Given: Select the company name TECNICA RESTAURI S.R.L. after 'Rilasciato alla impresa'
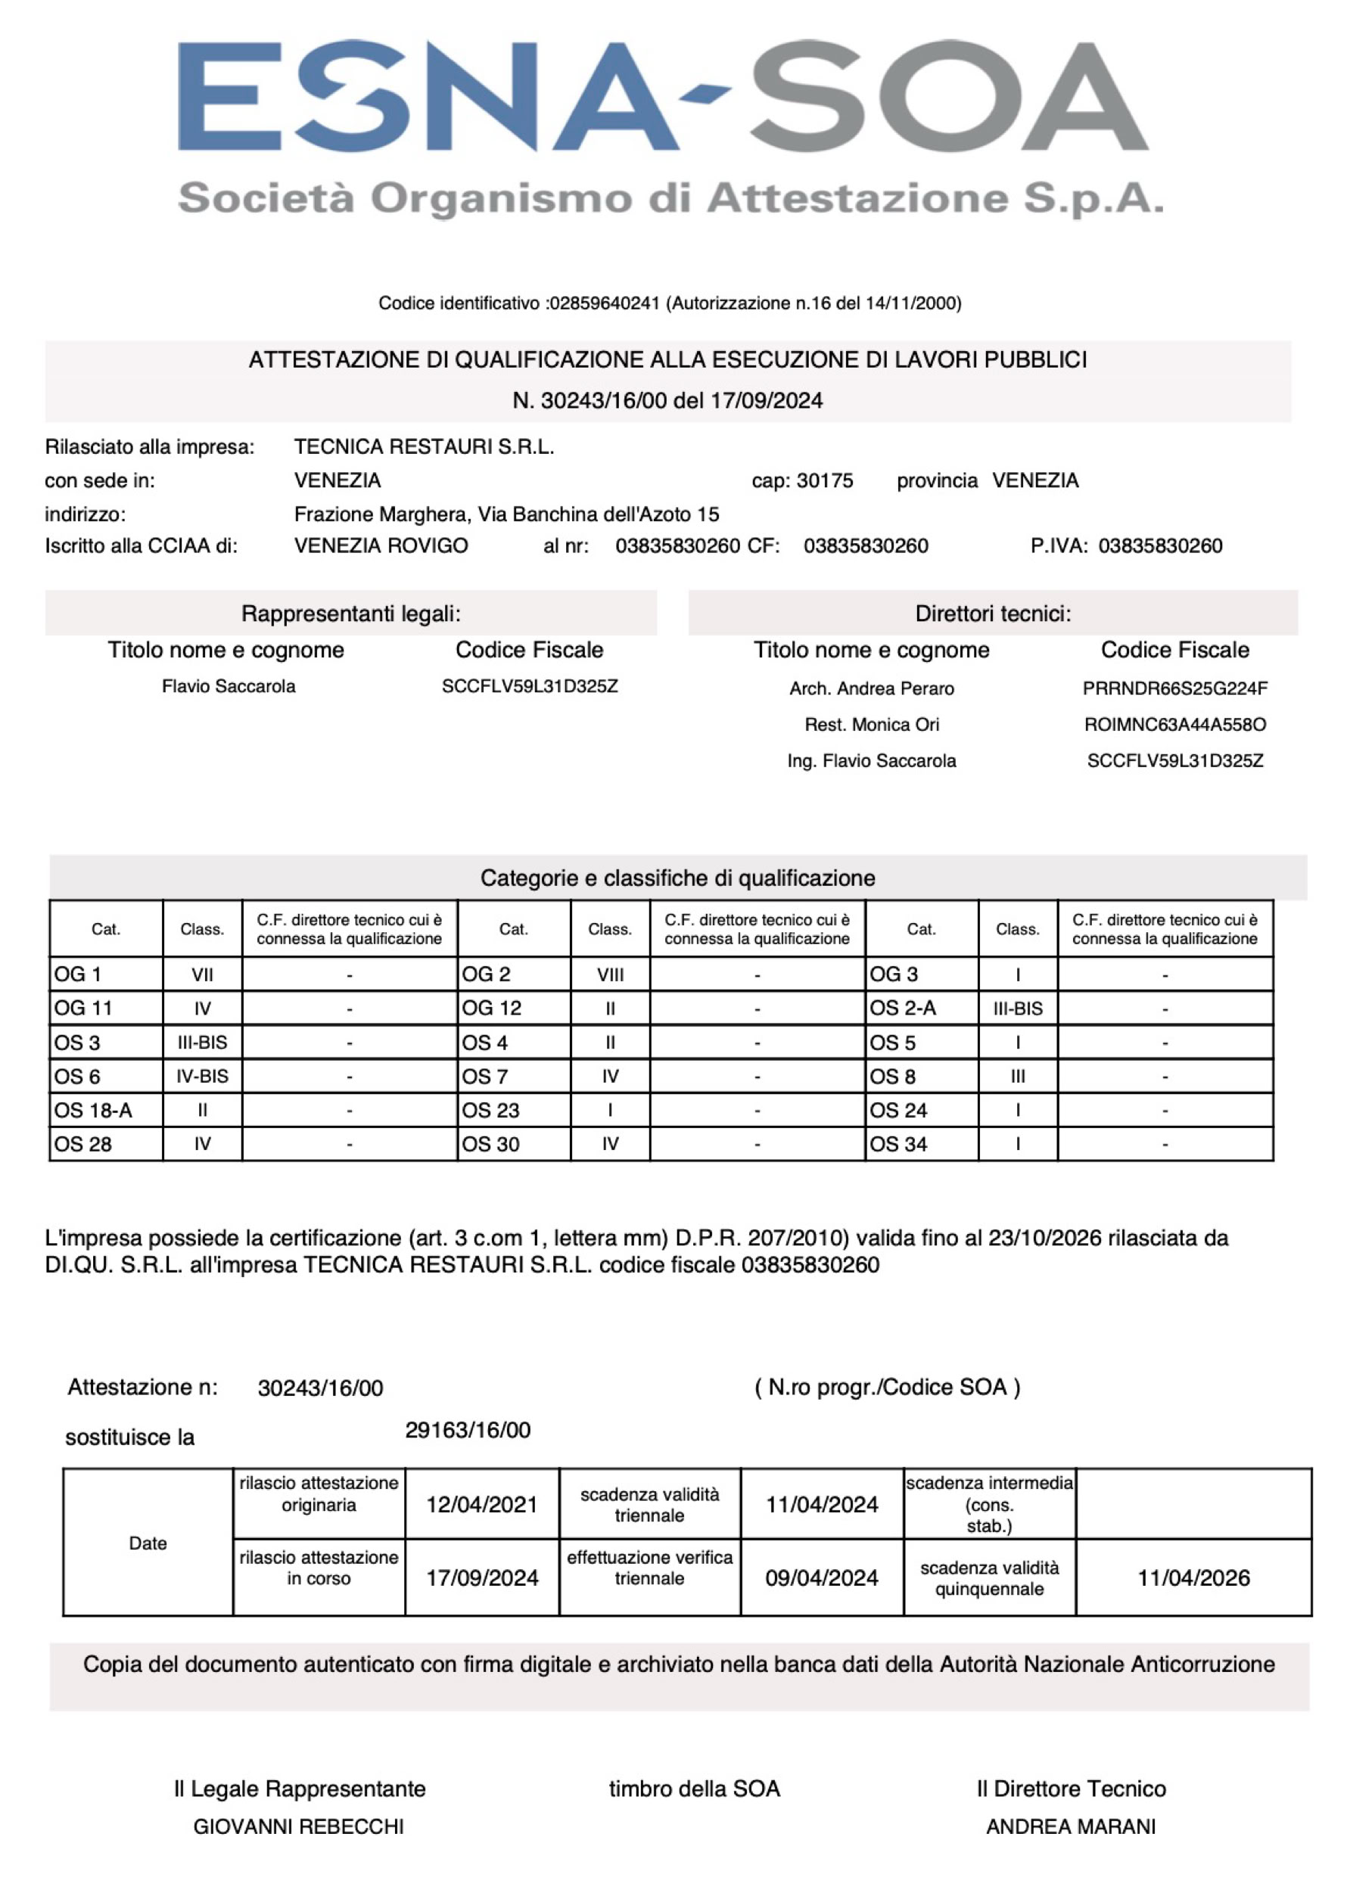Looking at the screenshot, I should click(x=424, y=447).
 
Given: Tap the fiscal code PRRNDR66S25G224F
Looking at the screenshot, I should click(x=1174, y=688).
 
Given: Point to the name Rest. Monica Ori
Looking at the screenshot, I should click(x=872, y=725).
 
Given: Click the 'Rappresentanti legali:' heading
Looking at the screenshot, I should click(x=351, y=614).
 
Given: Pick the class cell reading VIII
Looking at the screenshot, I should click(x=610, y=975).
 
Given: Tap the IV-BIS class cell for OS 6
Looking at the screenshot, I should click(x=201, y=1077).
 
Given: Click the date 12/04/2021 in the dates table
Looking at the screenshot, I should click(x=482, y=1505).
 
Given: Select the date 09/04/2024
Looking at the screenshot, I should click(x=821, y=1578).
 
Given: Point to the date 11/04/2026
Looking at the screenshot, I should click(x=1193, y=1578).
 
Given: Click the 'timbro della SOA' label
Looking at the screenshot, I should click(x=694, y=1789).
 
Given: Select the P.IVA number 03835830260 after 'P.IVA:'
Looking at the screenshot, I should click(x=1160, y=545).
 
